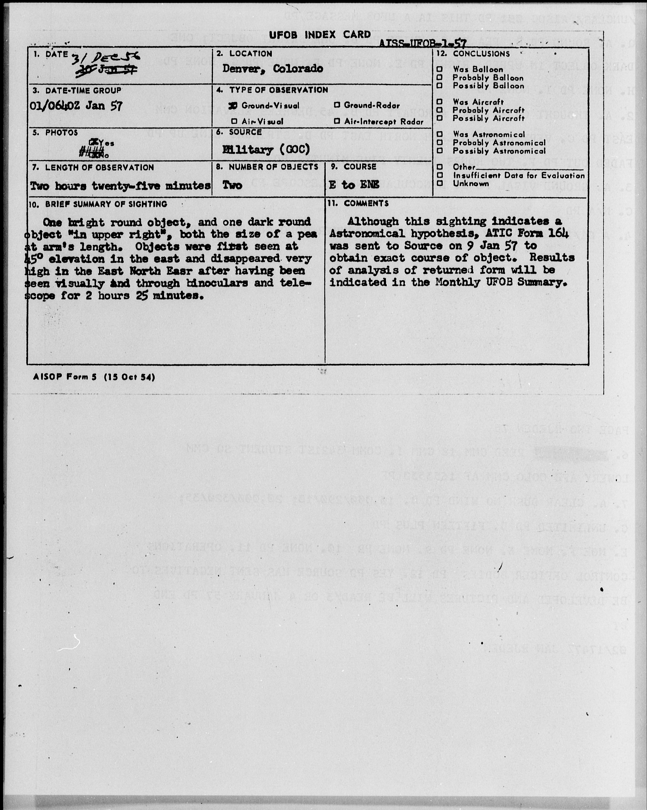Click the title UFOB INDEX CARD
320,35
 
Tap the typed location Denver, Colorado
273,69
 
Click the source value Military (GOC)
266,150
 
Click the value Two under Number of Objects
232,185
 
